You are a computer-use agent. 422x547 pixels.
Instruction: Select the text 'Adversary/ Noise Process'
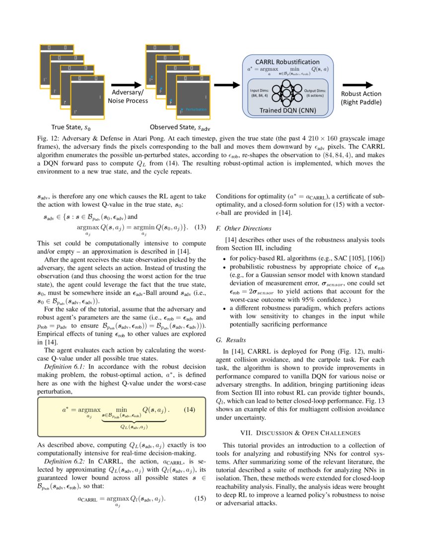tap(128, 96)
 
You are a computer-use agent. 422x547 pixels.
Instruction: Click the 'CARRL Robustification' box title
tap(287, 61)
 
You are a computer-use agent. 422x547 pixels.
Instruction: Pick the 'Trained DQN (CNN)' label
tap(287, 110)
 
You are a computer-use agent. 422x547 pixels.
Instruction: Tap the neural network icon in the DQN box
tap(286, 92)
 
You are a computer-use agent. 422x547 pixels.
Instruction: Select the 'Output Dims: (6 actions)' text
tap(315, 92)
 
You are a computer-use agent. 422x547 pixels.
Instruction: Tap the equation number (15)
tap(200, 498)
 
